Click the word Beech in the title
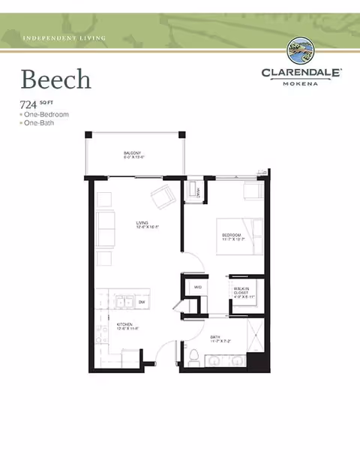[x=55, y=79]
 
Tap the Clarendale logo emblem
[x=301, y=52]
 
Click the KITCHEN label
[x=124, y=326]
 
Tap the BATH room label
[x=214, y=339]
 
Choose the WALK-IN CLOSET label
[x=241, y=291]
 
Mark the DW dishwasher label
[x=141, y=303]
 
